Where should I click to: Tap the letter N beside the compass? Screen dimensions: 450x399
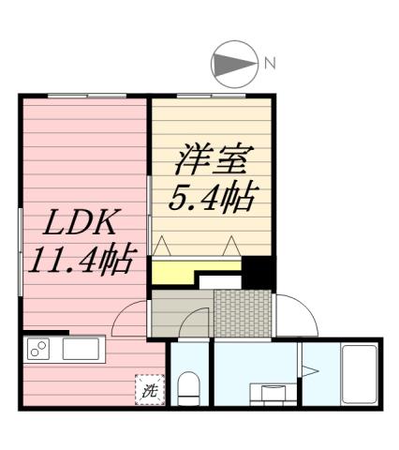pos(270,64)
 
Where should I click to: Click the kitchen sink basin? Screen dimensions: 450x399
pos(83,352)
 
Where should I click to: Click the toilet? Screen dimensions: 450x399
pos(189,386)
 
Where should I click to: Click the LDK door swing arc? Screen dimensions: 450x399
pos(129,319)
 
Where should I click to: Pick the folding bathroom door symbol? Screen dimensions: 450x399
pos(310,372)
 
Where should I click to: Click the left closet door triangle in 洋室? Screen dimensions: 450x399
pos(161,247)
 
